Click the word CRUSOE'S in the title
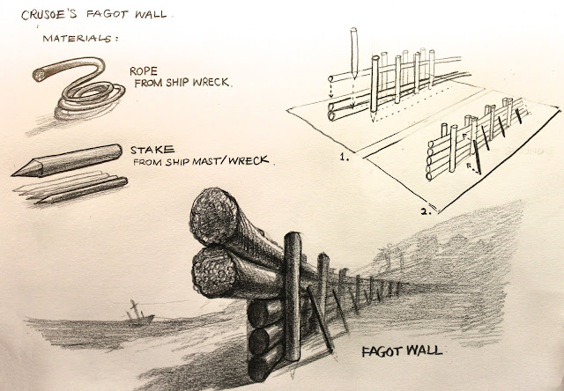coord(49,15)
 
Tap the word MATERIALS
coord(79,38)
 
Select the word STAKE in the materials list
coord(152,150)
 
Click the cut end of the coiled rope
coord(39,75)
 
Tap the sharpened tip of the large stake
coord(14,175)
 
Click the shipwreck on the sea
coord(139,314)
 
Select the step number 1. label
coord(345,157)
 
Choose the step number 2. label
coord(426,211)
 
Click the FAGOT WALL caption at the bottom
coord(402,350)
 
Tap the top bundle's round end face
coord(213,217)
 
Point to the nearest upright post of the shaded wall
coord(293,297)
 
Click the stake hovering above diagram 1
coord(354,53)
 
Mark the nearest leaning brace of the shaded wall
coord(320,319)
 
